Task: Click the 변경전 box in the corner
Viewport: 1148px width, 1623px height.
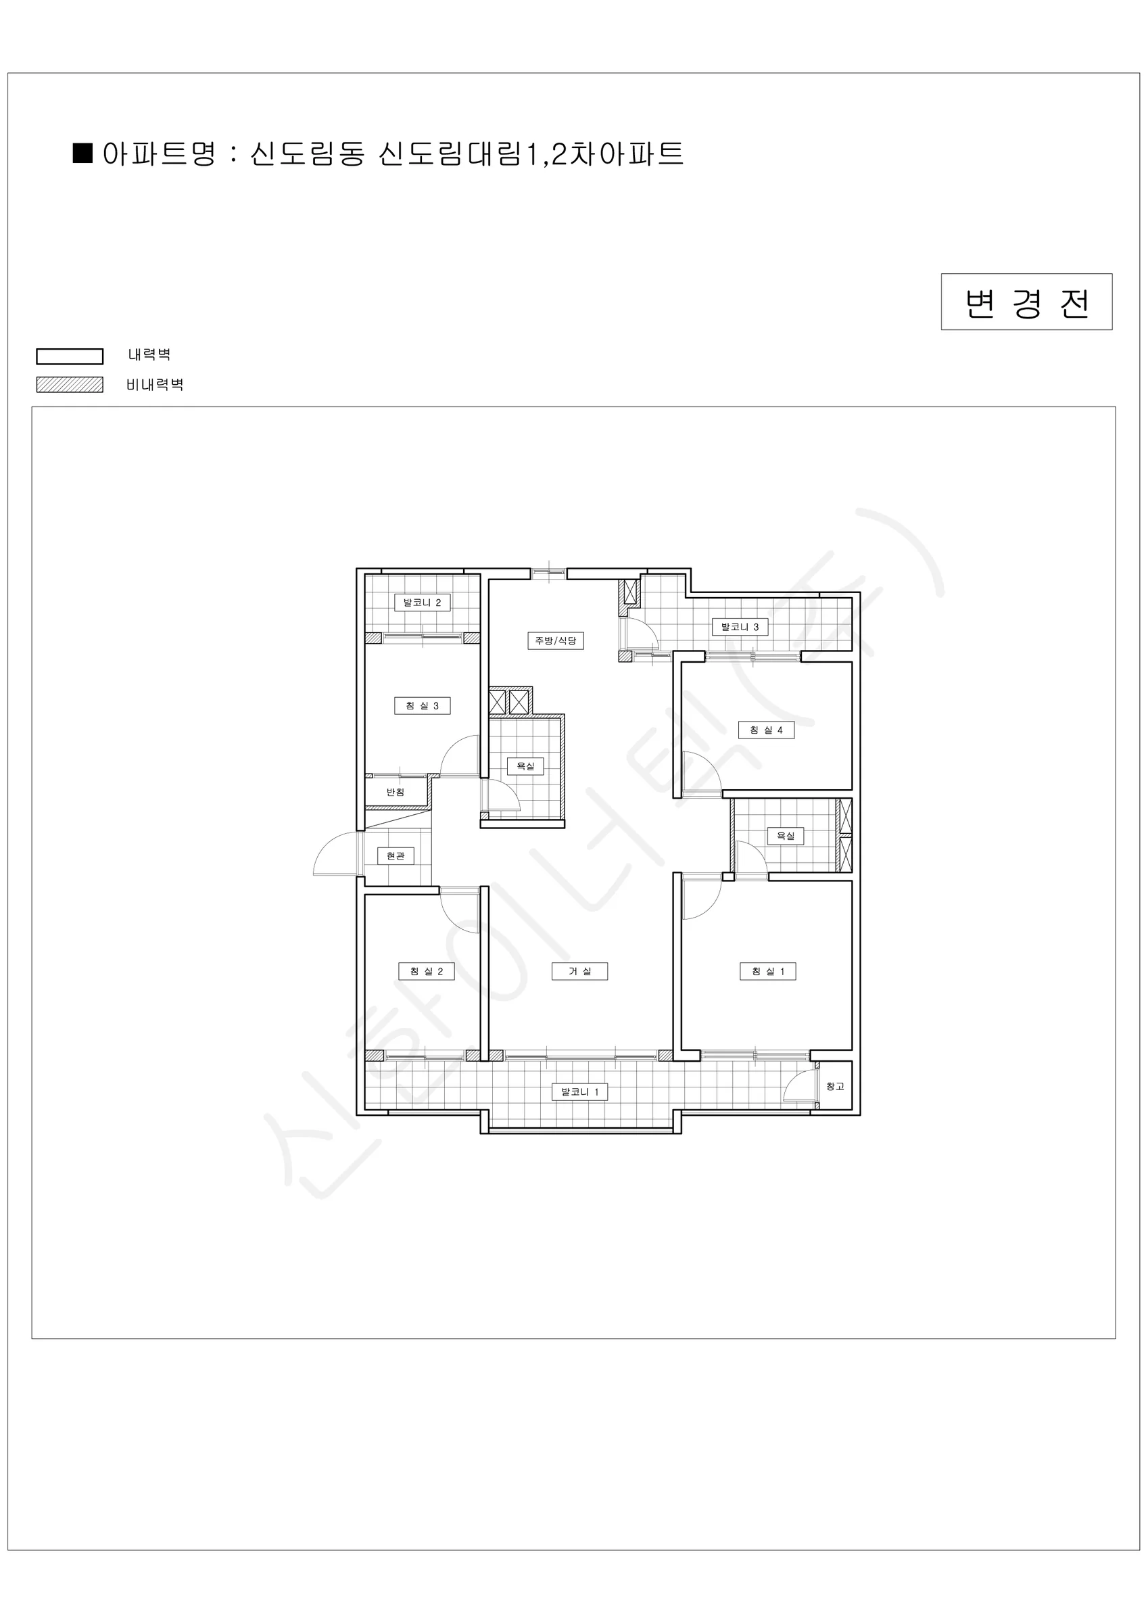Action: (x=1026, y=302)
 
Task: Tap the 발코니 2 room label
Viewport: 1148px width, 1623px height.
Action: (x=422, y=603)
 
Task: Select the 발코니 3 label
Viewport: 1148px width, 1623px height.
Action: (x=740, y=626)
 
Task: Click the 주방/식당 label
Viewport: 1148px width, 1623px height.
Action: (x=555, y=640)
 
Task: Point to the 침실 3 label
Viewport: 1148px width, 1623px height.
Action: (x=422, y=705)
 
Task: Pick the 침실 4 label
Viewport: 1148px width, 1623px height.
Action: (x=766, y=730)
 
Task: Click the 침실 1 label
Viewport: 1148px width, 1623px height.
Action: (x=767, y=971)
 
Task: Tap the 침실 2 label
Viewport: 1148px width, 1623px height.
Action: (x=426, y=971)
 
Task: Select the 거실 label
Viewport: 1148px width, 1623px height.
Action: (x=579, y=971)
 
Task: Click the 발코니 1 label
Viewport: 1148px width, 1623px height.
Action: (x=579, y=1091)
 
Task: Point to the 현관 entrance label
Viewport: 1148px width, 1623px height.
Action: (x=395, y=856)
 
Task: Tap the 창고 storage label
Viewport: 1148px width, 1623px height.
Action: (x=836, y=1087)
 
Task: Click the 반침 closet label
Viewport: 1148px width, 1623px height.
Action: (x=395, y=792)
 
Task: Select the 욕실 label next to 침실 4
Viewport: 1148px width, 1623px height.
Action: (x=786, y=836)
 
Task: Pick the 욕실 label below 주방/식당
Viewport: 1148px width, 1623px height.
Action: (x=525, y=766)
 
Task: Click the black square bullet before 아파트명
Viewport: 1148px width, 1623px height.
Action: (x=83, y=154)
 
